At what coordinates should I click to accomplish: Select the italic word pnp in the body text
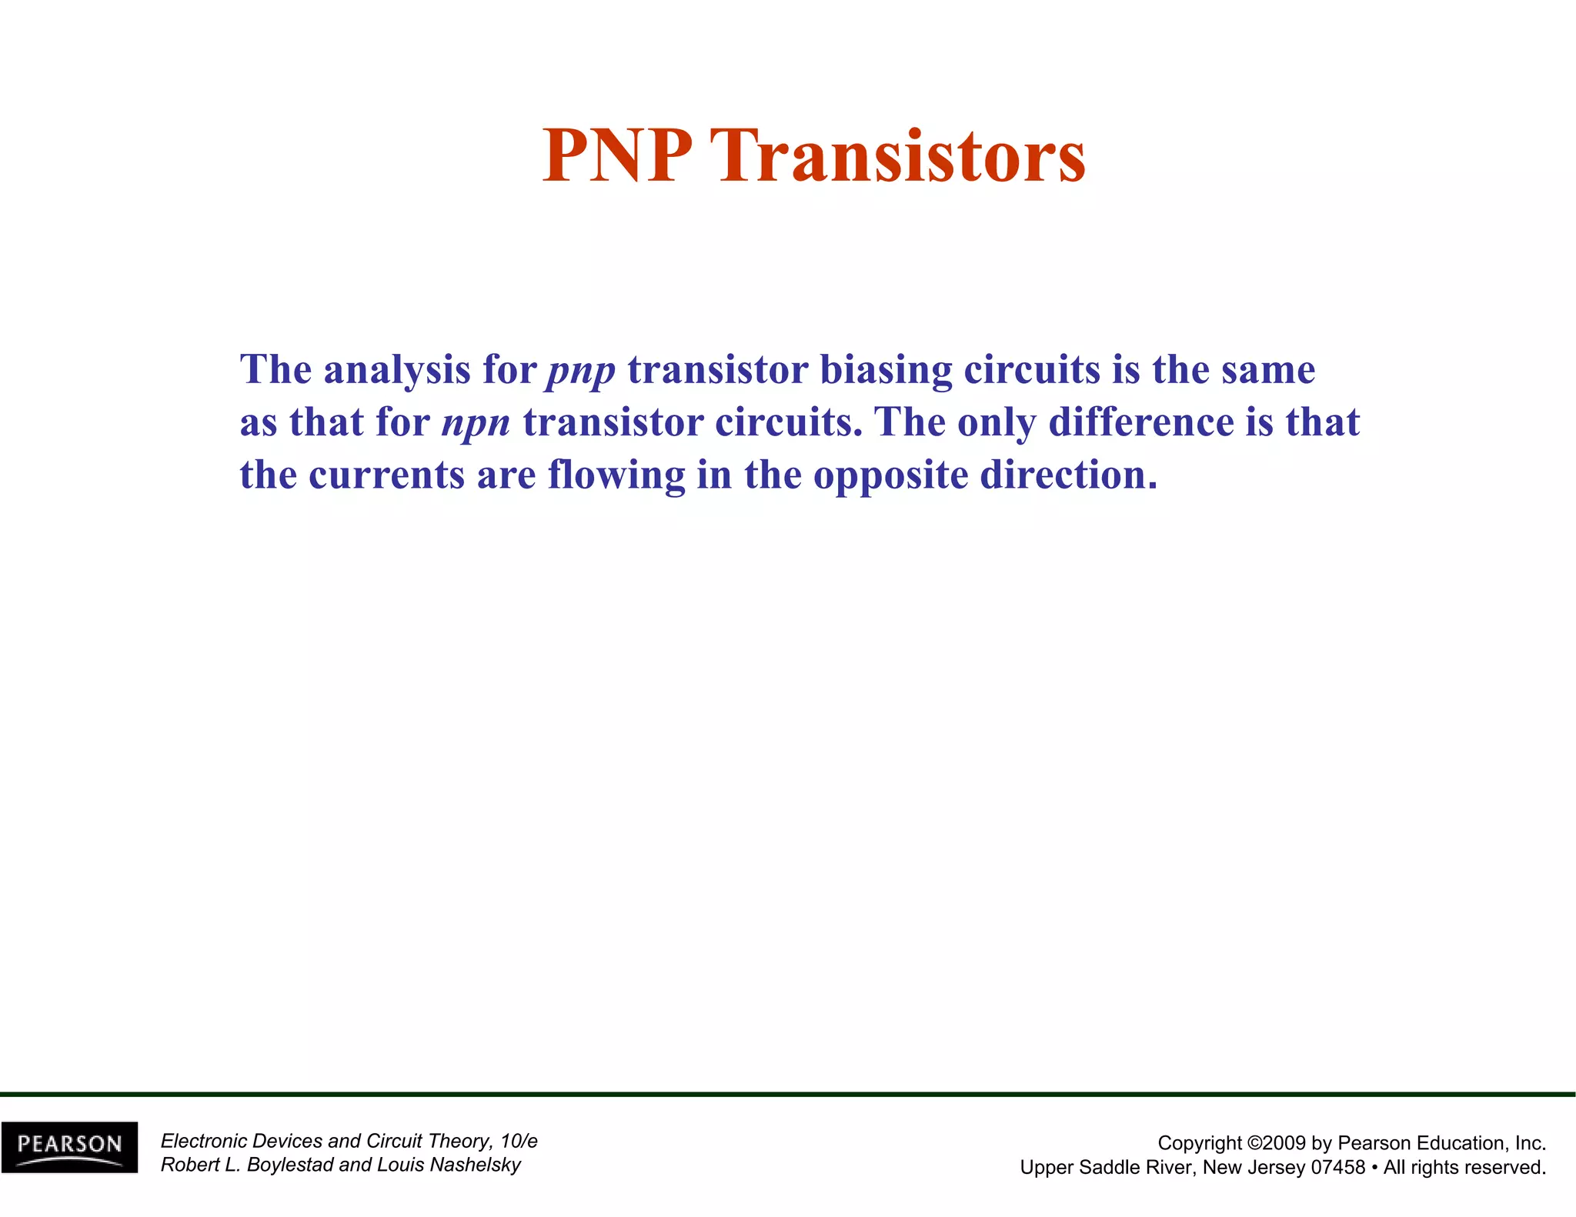click(x=581, y=371)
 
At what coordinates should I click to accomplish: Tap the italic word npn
click(x=476, y=423)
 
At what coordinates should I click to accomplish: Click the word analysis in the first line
click(x=396, y=370)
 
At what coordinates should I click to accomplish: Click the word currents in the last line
click(x=386, y=475)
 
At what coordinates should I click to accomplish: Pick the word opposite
click(x=890, y=476)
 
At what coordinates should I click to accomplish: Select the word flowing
click(x=616, y=476)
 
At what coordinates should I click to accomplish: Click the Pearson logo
click(x=70, y=1146)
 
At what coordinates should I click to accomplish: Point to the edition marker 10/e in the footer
click(x=519, y=1141)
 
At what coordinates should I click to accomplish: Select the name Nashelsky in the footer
click(x=475, y=1165)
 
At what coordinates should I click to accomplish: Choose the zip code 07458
click(x=1337, y=1168)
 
